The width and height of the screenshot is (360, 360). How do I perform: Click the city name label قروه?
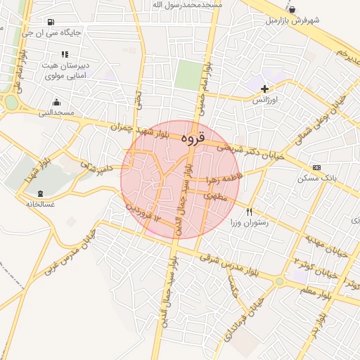(x=192, y=139)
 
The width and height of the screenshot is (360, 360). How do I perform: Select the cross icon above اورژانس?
(x=264, y=89)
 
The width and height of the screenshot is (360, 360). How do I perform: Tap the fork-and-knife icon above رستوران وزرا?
(x=249, y=211)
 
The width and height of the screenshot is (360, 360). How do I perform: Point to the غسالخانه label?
(x=40, y=204)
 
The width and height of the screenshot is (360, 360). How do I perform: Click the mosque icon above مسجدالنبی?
(x=56, y=103)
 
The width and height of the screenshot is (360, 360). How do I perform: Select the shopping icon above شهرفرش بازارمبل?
(x=292, y=10)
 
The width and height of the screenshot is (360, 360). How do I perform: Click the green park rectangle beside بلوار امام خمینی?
(x=188, y=75)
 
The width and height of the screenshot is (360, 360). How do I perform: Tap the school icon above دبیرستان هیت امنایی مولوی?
(x=65, y=54)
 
